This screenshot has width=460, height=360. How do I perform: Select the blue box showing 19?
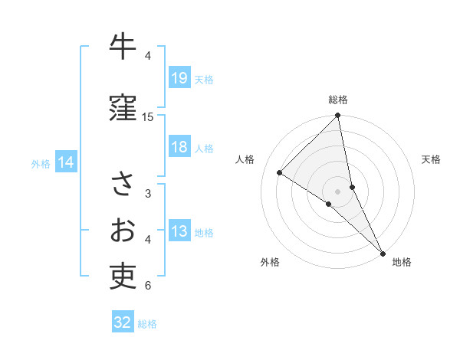click(179, 77)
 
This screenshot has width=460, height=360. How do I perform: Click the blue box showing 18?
click(179, 147)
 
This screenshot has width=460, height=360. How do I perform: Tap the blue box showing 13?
click(179, 231)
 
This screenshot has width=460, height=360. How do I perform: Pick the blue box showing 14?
click(65, 162)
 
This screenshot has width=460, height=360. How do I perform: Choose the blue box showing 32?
click(123, 322)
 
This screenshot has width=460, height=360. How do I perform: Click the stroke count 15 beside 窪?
click(148, 117)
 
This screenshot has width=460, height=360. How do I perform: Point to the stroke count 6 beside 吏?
click(148, 286)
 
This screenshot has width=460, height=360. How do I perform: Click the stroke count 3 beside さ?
click(148, 194)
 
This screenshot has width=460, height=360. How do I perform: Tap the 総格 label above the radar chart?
click(338, 100)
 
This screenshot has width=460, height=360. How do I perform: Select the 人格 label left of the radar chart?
click(245, 159)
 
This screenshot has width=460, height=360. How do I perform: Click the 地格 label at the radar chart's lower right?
click(402, 262)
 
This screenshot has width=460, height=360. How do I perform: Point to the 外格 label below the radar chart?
click(270, 262)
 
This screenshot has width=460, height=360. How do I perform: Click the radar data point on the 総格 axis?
click(338, 116)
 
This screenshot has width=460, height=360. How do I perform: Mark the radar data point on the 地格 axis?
click(382, 252)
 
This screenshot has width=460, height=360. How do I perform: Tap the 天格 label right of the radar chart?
click(431, 159)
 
